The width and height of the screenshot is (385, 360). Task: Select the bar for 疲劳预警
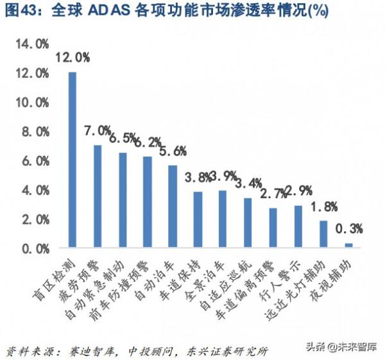(98, 196)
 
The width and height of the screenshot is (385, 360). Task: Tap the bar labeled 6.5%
(123, 200)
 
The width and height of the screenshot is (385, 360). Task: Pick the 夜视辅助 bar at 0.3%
(348, 245)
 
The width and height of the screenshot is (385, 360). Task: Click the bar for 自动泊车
(173, 207)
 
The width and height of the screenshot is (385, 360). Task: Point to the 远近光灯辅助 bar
(323, 234)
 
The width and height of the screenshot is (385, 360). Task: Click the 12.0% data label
(72, 58)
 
